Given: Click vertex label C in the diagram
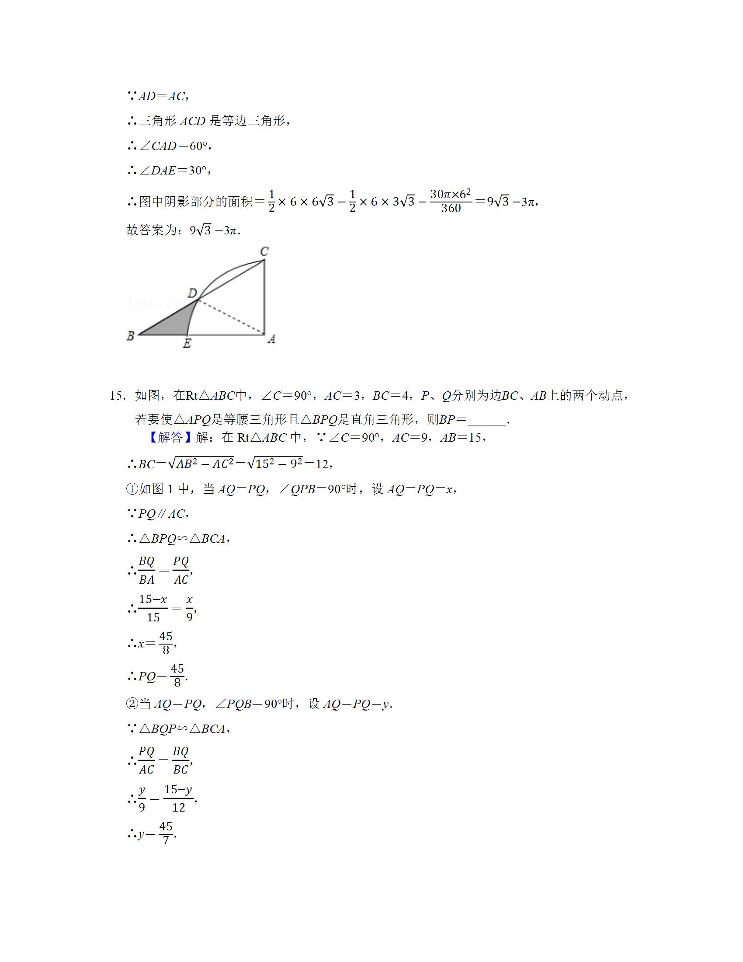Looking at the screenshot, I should pyautogui.click(x=264, y=251).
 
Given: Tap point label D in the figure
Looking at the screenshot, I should pyautogui.click(x=192, y=293).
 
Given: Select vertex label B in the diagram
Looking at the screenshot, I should pyautogui.click(x=131, y=336).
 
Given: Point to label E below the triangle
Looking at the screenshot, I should pyautogui.click(x=187, y=344).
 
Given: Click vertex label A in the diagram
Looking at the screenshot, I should pyautogui.click(x=271, y=339).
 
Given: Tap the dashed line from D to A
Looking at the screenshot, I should pyautogui.click(x=231, y=317).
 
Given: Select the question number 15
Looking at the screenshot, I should pyautogui.click(x=118, y=396).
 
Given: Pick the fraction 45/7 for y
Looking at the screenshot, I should pyautogui.click(x=166, y=833).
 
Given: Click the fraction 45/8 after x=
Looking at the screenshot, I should pyautogui.click(x=166, y=643).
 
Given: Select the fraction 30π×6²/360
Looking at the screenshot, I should pyautogui.click(x=451, y=201).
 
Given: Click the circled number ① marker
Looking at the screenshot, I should pyautogui.click(x=132, y=489).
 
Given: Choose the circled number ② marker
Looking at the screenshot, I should pyautogui.click(x=132, y=704).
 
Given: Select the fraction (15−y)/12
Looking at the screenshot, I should pyautogui.click(x=178, y=798).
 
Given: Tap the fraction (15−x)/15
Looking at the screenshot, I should pyautogui.click(x=153, y=608).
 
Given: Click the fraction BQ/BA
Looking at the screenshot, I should pyautogui.click(x=146, y=570).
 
